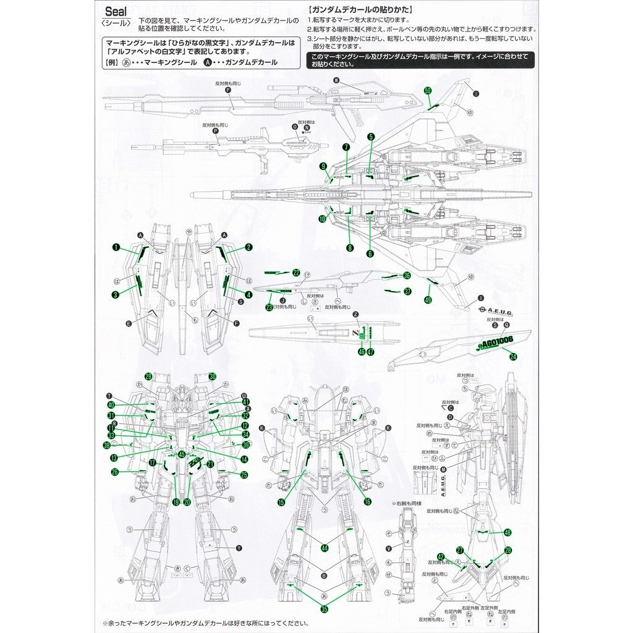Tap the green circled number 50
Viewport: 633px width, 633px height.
427,90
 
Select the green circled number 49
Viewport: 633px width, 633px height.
428,299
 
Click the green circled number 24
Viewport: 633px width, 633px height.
513,355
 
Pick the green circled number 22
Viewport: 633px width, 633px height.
296,273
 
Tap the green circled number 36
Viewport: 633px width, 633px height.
407,276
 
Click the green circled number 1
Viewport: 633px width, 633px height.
116,247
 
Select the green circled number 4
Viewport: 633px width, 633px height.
249,295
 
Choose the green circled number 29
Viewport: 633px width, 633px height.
148,376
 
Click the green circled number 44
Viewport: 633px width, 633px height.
324,547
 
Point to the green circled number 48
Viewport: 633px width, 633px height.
508,532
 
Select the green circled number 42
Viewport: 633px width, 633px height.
441,556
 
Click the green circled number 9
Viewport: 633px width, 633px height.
323,166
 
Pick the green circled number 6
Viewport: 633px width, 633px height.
370,253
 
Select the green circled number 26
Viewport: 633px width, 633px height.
115,472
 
